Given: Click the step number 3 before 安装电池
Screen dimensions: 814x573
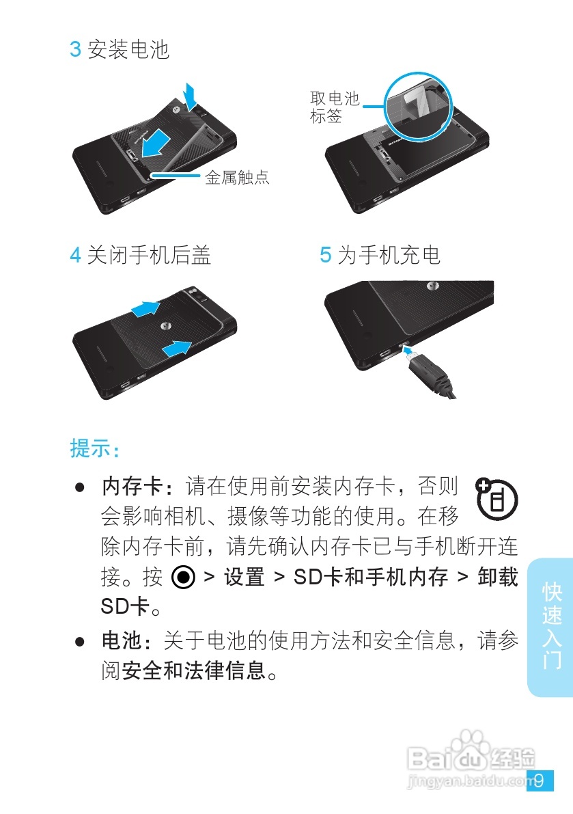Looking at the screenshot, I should click(76, 50).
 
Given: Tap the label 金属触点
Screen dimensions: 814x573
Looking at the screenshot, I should click(237, 178).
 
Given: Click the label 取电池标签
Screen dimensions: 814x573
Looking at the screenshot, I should click(335, 107).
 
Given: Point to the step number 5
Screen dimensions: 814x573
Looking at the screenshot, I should click(326, 255).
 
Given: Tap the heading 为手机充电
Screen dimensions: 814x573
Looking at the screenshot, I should click(389, 255).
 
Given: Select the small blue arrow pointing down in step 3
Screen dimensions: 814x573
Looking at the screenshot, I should click(191, 95).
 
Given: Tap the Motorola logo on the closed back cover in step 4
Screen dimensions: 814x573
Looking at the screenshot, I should click(166, 326).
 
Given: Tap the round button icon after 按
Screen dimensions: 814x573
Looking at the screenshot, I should click(184, 578).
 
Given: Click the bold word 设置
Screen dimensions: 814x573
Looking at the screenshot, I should click(244, 578).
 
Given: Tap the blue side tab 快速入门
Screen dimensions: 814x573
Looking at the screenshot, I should click(551, 625).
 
